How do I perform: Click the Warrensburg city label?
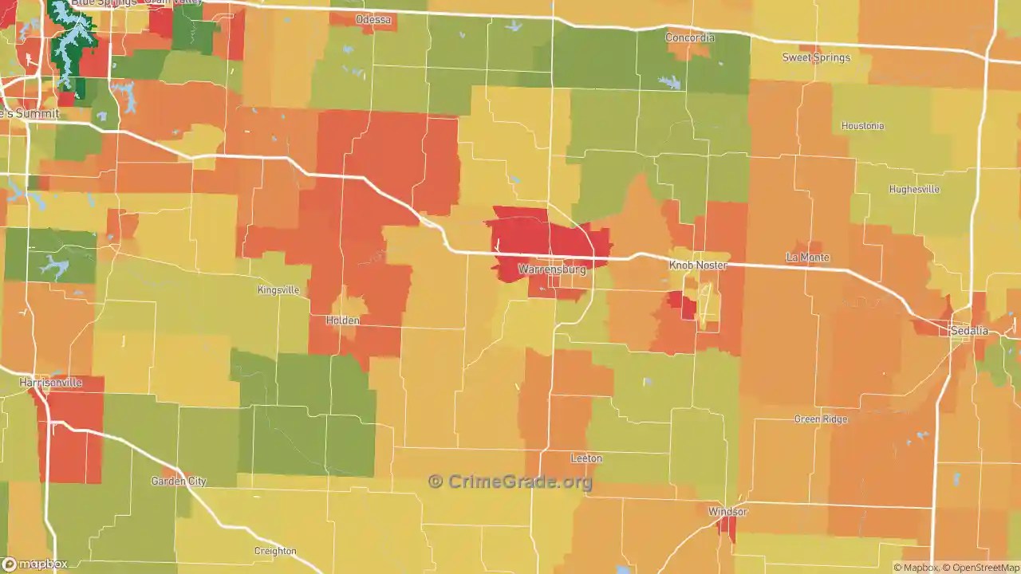[x=552, y=269]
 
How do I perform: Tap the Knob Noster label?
[x=698, y=265]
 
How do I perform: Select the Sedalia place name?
[x=969, y=331]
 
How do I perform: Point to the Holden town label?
[x=342, y=320]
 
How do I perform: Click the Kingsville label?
[x=278, y=290]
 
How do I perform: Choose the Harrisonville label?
[x=50, y=383]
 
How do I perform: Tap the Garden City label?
[x=179, y=482]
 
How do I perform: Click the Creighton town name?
[x=275, y=551]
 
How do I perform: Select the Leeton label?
[x=586, y=458]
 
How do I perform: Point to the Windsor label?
[x=727, y=511]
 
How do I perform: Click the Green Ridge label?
[x=821, y=419]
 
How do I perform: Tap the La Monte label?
[x=807, y=258]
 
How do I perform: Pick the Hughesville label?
[x=914, y=190]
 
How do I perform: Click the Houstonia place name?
[x=862, y=126]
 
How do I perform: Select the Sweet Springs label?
[x=816, y=57]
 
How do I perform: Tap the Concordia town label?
[x=690, y=37]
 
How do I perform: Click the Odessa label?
[x=373, y=19]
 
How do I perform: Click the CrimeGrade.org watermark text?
[x=510, y=482]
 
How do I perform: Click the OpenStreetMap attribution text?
[x=980, y=568]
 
